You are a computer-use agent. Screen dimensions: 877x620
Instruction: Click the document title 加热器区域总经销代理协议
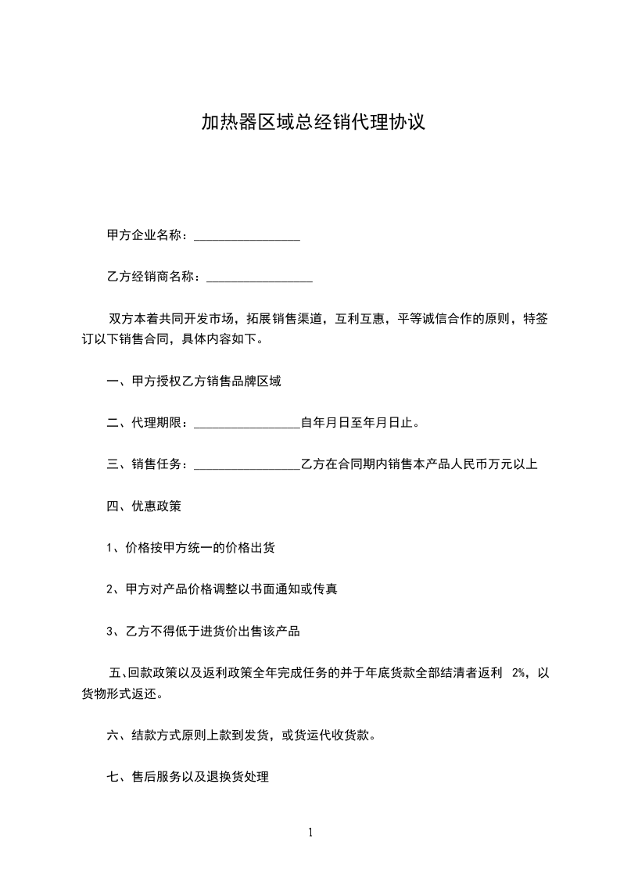(313, 123)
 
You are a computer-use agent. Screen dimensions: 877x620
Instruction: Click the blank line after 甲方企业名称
(246, 236)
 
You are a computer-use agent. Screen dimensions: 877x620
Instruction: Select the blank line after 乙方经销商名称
(259, 277)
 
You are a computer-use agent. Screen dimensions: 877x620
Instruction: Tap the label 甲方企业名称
(145, 235)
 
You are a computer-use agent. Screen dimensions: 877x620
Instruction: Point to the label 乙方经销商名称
(151, 277)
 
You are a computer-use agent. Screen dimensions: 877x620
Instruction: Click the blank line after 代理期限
(246, 424)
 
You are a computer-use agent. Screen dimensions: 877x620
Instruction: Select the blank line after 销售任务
(246, 465)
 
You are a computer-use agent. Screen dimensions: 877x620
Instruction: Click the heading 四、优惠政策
(144, 506)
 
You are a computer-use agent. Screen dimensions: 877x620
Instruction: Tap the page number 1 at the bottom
(310, 832)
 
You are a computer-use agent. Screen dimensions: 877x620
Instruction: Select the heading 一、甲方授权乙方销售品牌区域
(194, 382)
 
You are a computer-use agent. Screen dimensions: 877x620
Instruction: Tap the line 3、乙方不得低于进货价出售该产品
(203, 632)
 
